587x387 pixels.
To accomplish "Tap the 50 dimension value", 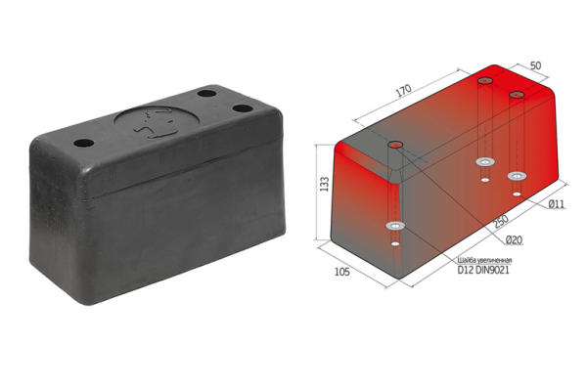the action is tap(536, 65).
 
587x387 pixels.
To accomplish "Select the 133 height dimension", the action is tap(325, 184).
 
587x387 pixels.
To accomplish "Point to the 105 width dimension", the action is tap(342, 272).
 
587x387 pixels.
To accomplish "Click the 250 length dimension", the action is tap(501, 221).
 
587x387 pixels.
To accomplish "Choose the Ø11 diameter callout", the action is tap(557, 204).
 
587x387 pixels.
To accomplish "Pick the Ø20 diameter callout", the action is tap(514, 240).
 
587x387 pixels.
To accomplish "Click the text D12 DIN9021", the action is tap(483, 270).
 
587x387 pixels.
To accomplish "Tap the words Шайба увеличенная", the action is tap(484, 260).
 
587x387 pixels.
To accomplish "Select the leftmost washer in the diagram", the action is tap(395, 226).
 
